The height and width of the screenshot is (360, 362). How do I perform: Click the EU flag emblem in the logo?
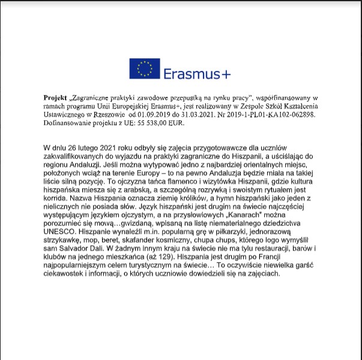pyautogui.click(x=144, y=69)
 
